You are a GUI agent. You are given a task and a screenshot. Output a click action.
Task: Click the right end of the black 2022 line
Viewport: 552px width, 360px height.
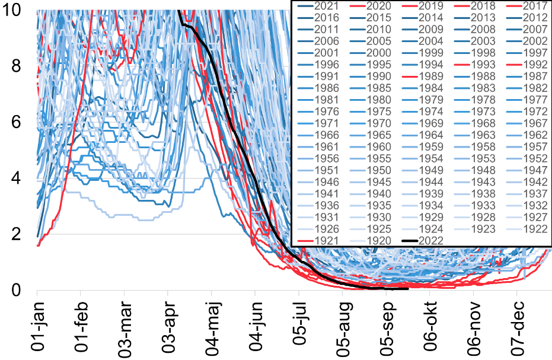point(408,289)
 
